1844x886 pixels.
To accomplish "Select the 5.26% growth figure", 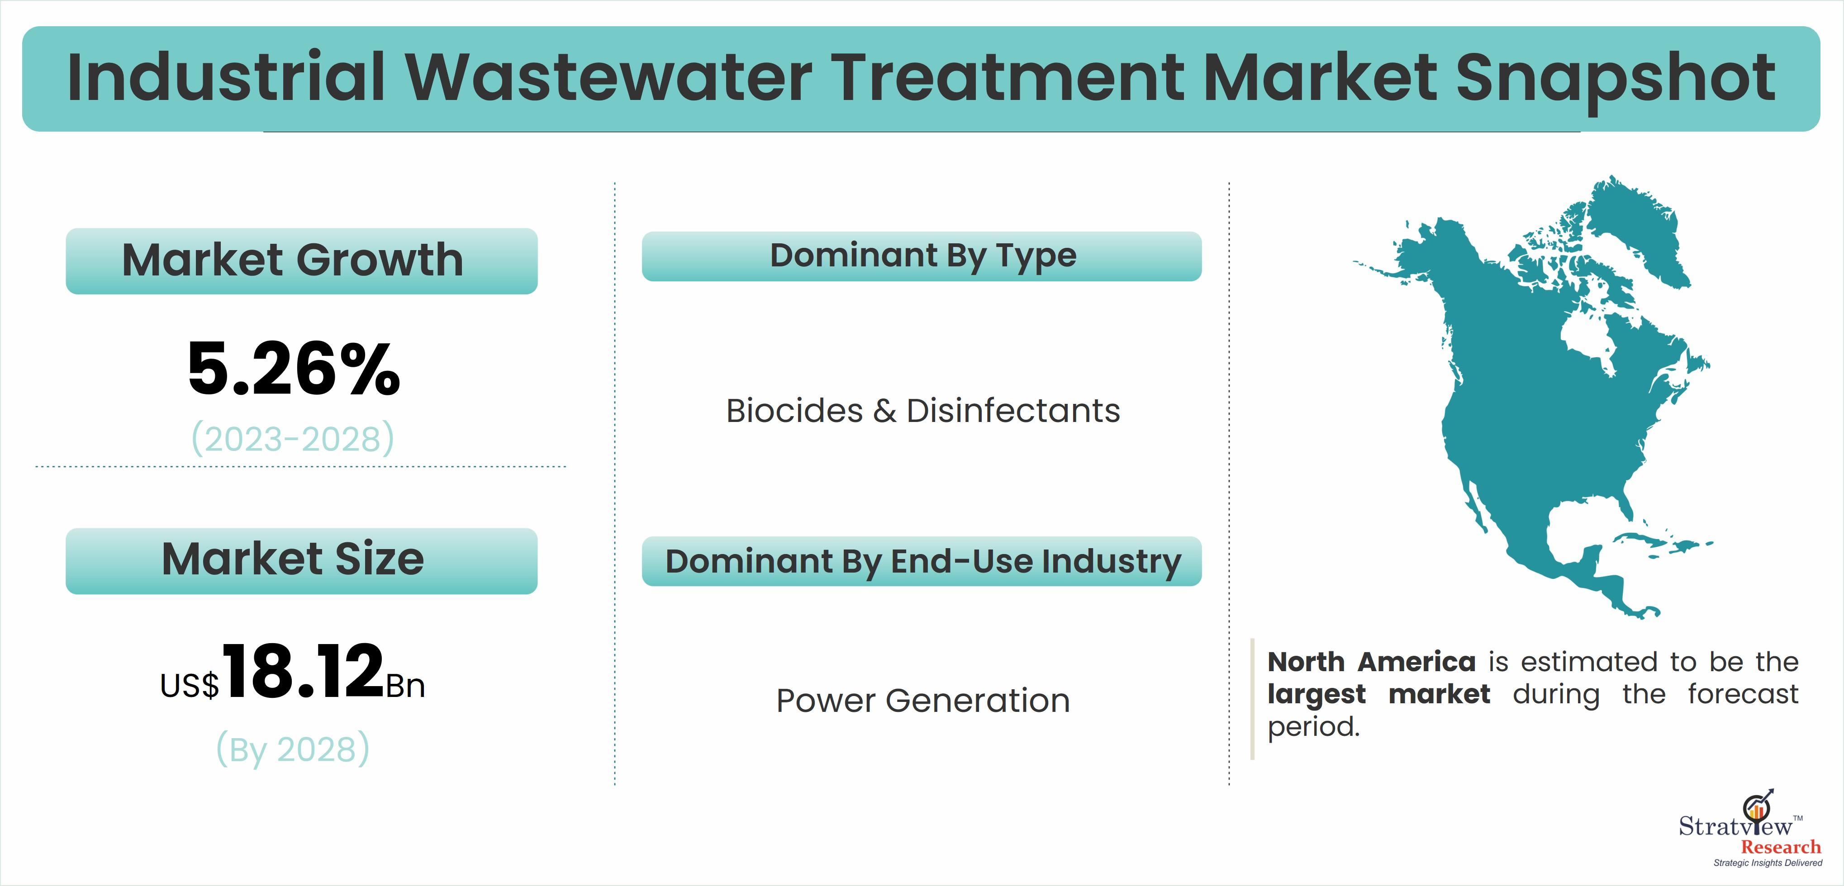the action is (294, 369).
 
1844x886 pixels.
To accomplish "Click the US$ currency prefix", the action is (190, 686).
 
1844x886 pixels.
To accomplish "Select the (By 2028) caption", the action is (293, 749).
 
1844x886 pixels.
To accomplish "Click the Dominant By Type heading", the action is (923, 256).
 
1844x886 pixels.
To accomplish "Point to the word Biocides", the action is (794, 411).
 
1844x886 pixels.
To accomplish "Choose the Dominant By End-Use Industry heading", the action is (923, 562).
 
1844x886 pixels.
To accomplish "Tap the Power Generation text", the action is (923, 701).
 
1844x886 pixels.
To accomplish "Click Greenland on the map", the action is (1639, 229).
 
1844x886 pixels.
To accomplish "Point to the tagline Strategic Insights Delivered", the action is (1768, 863).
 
